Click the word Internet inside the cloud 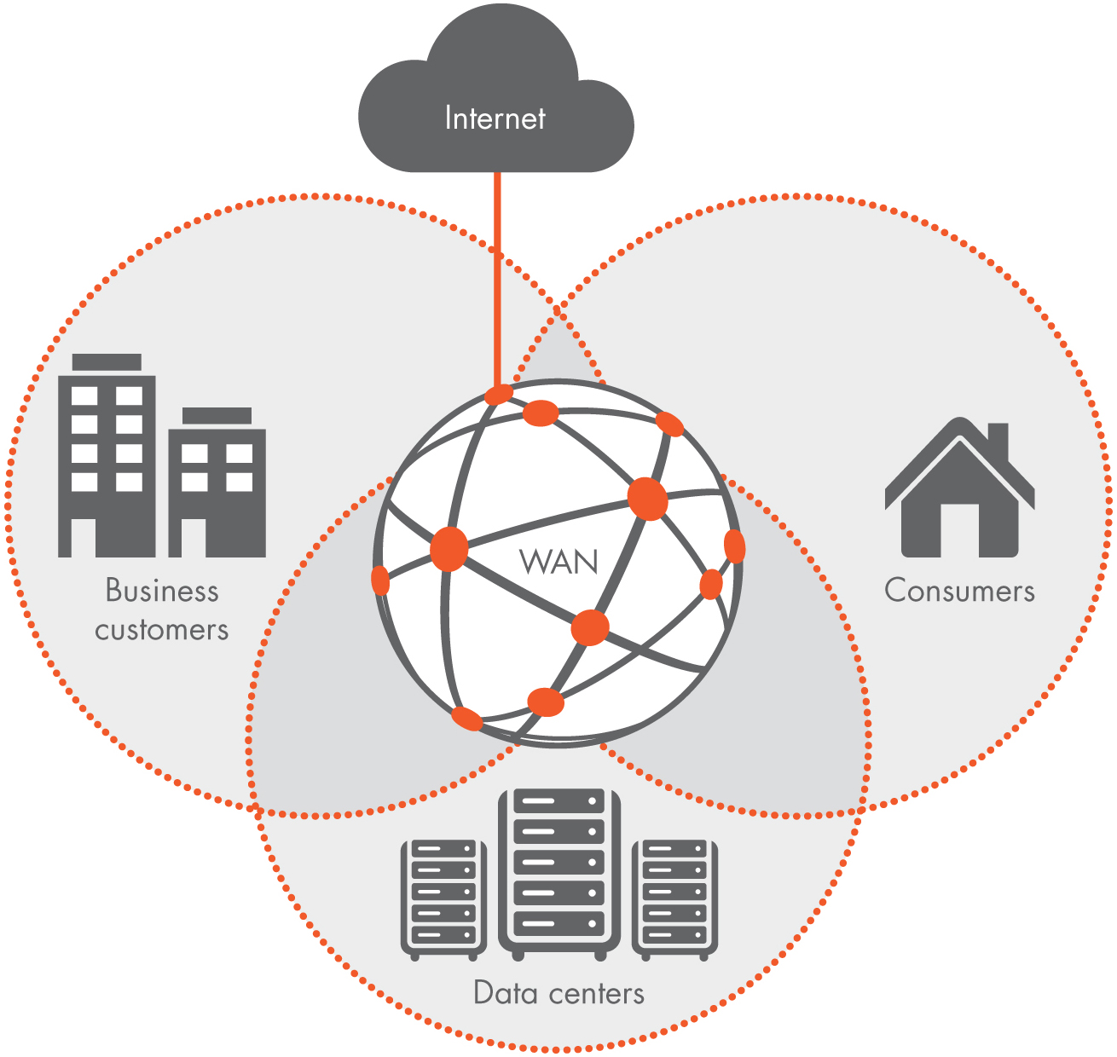[x=495, y=118]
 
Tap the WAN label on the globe [x=558, y=562]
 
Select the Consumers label [x=959, y=591]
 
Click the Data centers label [x=558, y=993]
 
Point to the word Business [x=162, y=591]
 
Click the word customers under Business [x=162, y=630]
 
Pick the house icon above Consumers [x=959, y=490]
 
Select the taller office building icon [x=107, y=460]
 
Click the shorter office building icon [x=217, y=486]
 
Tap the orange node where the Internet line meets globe [x=499, y=395]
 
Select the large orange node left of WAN [x=449, y=549]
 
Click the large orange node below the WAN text [x=589, y=628]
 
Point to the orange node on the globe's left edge [x=380, y=581]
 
